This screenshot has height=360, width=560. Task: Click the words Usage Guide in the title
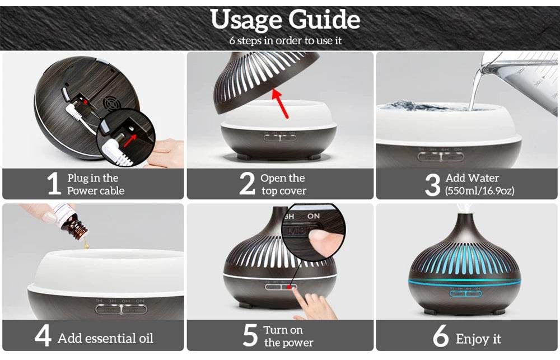tap(285, 20)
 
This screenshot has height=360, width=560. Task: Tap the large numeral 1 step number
tap(54, 183)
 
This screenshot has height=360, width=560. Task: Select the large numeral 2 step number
tap(247, 183)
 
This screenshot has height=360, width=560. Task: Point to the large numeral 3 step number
tap(432, 185)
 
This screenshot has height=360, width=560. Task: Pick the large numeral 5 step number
tap(250, 335)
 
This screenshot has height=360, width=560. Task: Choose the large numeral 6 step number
tap(441, 335)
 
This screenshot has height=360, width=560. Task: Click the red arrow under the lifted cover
tap(281, 103)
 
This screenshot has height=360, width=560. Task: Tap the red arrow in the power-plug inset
tap(130, 141)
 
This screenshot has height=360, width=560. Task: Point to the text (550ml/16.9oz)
tap(480, 191)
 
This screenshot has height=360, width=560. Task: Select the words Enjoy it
tap(479, 339)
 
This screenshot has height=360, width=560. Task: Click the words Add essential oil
tap(105, 338)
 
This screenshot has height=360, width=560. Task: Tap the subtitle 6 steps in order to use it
tap(286, 41)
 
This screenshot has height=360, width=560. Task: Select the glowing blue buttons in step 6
tap(465, 294)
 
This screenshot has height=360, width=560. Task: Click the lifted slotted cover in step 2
tap(266, 81)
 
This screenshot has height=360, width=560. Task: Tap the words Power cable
tap(96, 191)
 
